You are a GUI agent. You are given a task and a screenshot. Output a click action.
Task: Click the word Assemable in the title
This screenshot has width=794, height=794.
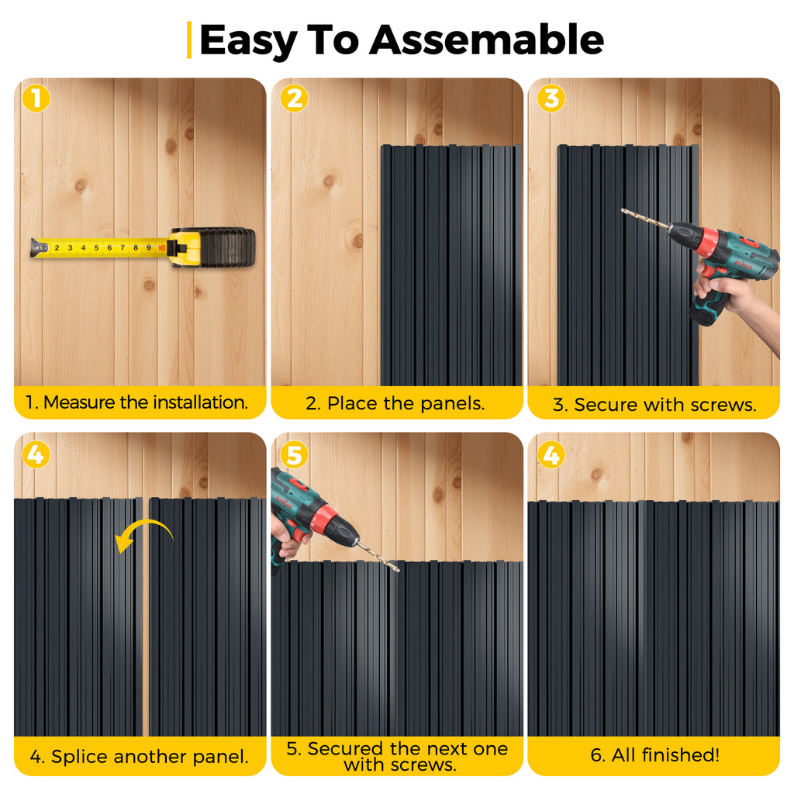tap(487, 40)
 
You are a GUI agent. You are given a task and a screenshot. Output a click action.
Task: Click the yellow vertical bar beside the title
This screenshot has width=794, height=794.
tap(189, 40)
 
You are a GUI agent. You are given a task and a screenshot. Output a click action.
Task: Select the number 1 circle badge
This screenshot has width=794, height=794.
tap(36, 98)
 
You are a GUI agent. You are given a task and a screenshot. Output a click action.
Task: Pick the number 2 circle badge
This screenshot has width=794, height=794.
tap(294, 98)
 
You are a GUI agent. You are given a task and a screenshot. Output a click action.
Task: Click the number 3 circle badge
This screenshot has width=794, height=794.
tap(551, 98)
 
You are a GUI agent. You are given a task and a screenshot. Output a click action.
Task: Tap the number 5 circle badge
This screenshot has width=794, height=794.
tap(294, 454)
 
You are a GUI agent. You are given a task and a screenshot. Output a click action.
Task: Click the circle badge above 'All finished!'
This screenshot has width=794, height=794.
tap(551, 454)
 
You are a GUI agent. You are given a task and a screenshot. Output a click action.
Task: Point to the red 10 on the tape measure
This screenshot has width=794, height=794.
tap(161, 248)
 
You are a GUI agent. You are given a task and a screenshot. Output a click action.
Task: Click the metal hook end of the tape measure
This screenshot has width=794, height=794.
tap(39, 247)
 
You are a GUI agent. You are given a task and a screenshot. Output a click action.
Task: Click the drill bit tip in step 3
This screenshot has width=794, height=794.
tap(623, 209)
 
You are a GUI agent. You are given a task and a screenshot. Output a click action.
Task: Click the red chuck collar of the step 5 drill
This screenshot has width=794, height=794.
tap(325, 520)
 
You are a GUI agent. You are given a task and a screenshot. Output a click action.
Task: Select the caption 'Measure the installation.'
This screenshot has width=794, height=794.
tap(146, 402)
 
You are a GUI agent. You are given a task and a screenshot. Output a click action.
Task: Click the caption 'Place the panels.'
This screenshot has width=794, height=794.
tap(406, 403)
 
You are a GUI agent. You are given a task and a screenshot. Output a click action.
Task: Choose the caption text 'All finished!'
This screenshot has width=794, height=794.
tap(665, 755)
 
